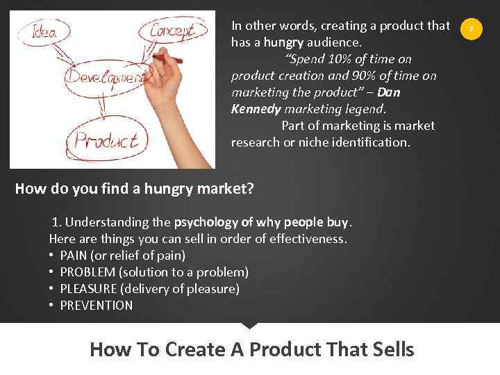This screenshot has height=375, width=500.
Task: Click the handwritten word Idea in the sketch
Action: click(x=42, y=32)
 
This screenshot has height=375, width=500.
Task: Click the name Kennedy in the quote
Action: click(x=256, y=109)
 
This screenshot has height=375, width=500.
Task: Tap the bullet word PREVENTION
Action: click(x=97, y=306)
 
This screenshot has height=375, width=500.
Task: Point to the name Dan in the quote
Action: click(x=389, y=92)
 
